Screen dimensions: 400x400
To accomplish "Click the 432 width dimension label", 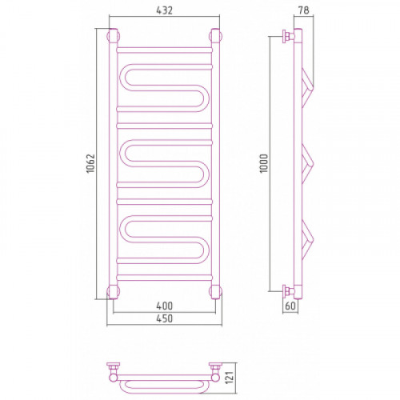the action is coord(165,10).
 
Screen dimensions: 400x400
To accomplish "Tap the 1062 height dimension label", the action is coord(90,163).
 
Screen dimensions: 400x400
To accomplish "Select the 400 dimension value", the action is coord(164,306).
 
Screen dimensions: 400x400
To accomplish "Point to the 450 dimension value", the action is coord(164,318).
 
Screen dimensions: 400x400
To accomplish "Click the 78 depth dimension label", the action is coord(303,10).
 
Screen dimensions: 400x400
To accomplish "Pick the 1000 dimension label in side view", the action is coord(264,163).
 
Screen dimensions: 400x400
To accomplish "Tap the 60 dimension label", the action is coord(290,306).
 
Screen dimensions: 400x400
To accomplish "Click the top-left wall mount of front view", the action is coord(113,36).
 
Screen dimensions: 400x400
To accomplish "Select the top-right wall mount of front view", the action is coord(216,36).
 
